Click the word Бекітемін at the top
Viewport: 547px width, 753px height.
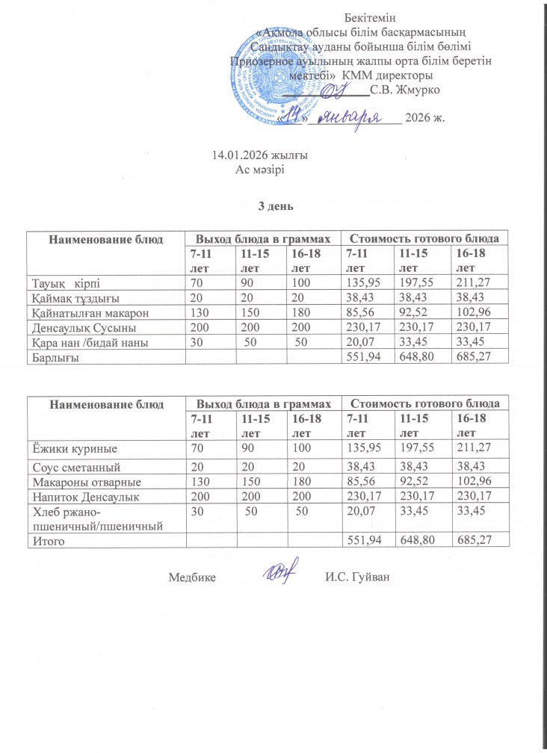pos(370,17)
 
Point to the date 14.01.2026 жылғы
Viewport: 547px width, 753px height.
pos(260,155)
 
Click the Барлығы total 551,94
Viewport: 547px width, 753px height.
pos(361,357)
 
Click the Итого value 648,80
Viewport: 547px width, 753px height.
pos(418,541)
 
